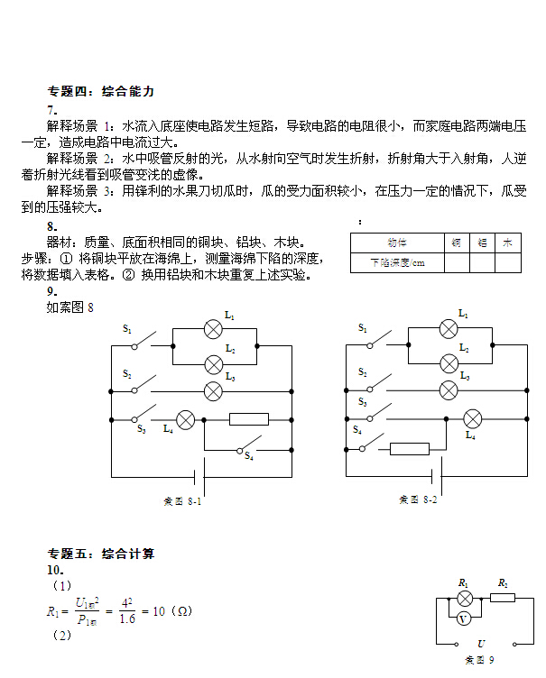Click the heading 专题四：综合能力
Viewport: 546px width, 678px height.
point(101,91)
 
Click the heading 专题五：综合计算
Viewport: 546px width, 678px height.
point(101,554)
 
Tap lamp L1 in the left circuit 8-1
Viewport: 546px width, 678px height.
point(214,328)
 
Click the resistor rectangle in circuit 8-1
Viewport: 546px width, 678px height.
point(249,419)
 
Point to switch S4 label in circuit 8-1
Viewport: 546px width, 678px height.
point(248,457)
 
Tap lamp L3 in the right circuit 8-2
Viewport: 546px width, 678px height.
point(449,389)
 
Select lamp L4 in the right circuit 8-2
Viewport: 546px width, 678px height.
point(472,418)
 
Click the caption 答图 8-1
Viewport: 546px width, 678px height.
point(181,501)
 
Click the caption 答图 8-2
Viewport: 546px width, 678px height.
point(418,499)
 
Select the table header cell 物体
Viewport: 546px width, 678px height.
point(396,243)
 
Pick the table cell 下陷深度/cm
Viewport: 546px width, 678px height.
point(396,263)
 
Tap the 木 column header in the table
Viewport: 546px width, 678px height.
point(508,243)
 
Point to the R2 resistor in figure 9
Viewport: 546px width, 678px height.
point(503,597)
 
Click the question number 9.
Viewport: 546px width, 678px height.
point(51,291)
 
